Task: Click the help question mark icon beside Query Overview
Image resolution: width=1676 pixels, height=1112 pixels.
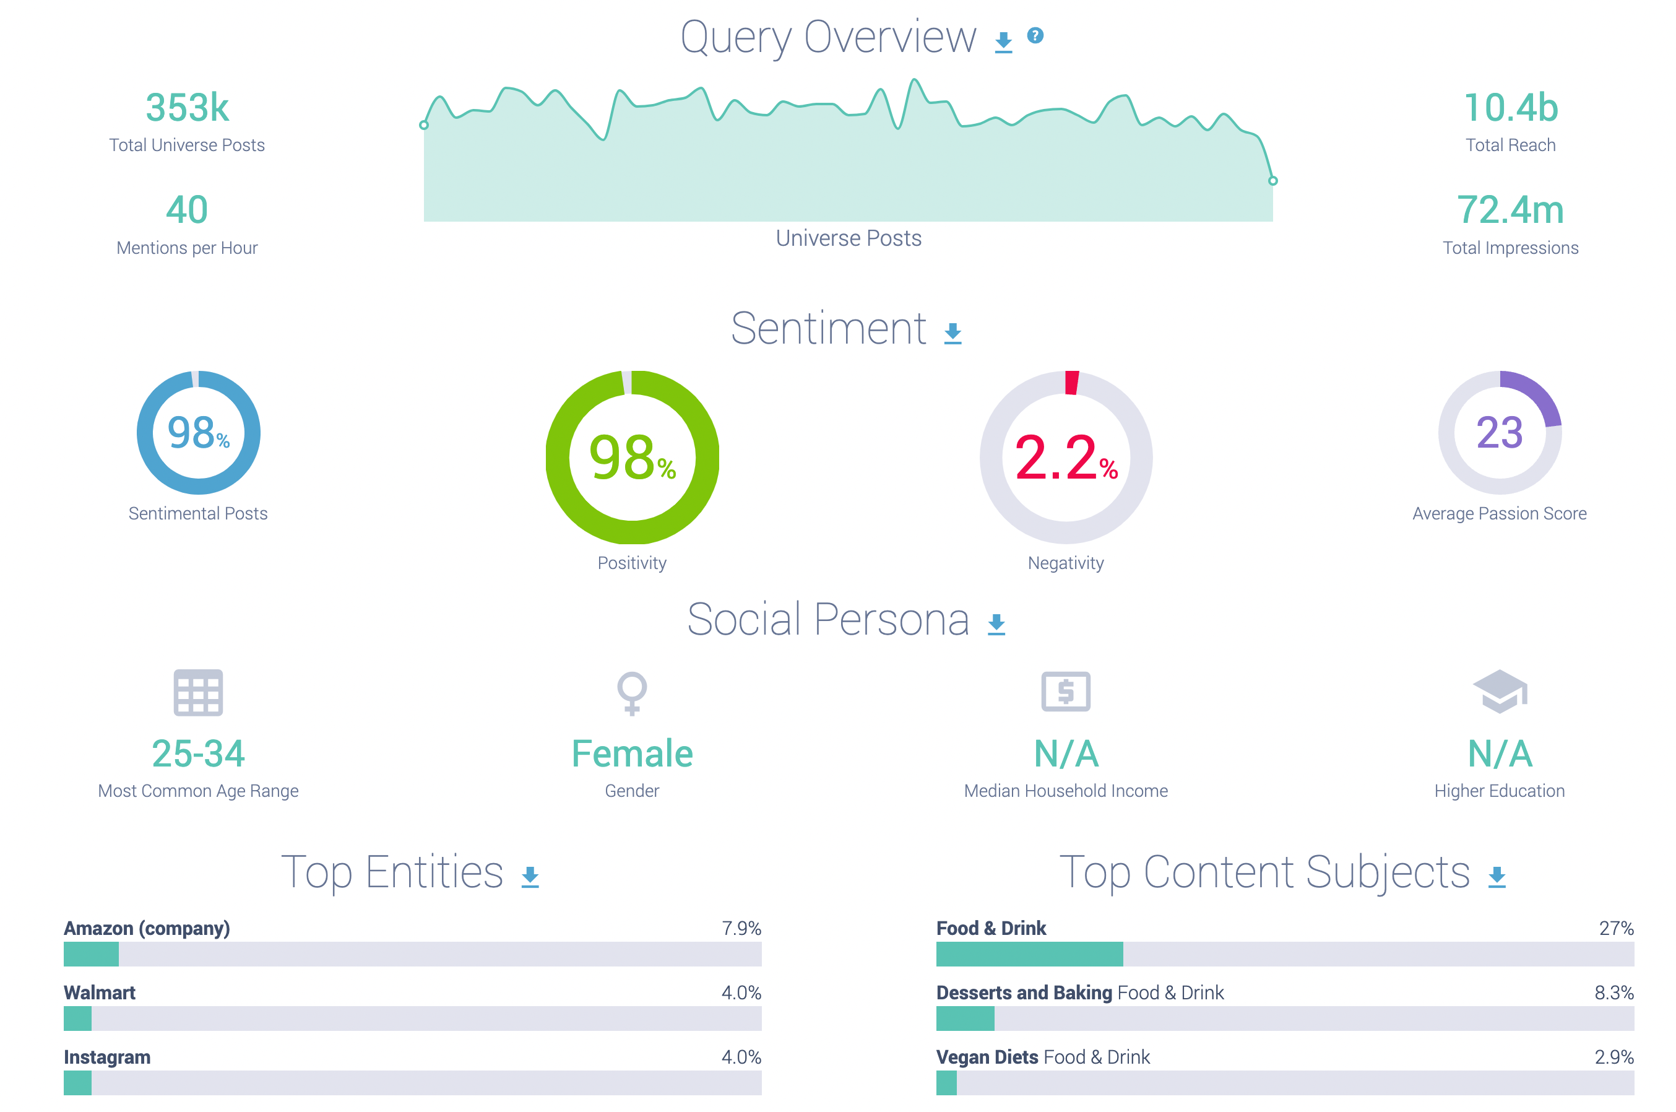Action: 1035,35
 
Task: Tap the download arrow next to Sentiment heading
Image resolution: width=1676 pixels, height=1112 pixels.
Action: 953,332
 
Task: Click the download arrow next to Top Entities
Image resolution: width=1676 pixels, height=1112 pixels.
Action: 530,877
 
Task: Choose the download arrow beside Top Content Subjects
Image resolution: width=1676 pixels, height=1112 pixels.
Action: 1497,877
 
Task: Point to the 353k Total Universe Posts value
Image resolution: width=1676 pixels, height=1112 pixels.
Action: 187,108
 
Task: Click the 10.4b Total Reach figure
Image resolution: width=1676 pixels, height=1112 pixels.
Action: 1511,108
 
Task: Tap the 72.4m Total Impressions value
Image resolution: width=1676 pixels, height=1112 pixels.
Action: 1510,210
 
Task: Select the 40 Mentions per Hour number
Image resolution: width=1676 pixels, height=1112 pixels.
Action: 187,210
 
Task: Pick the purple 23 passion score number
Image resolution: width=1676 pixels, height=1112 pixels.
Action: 1500,433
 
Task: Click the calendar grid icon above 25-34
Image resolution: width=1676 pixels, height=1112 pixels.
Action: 198,692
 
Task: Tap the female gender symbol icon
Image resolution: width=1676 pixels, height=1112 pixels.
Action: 632,692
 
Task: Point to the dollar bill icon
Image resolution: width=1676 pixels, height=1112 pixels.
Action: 1066,692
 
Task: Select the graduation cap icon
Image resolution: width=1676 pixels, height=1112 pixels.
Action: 1500,691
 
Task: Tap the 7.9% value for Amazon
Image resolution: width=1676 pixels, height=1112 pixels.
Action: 741,928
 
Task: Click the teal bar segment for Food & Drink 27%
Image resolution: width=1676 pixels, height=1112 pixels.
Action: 1029,954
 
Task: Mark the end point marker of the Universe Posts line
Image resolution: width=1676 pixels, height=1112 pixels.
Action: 1272,181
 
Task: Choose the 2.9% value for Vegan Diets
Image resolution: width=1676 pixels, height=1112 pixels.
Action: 1613,1057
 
